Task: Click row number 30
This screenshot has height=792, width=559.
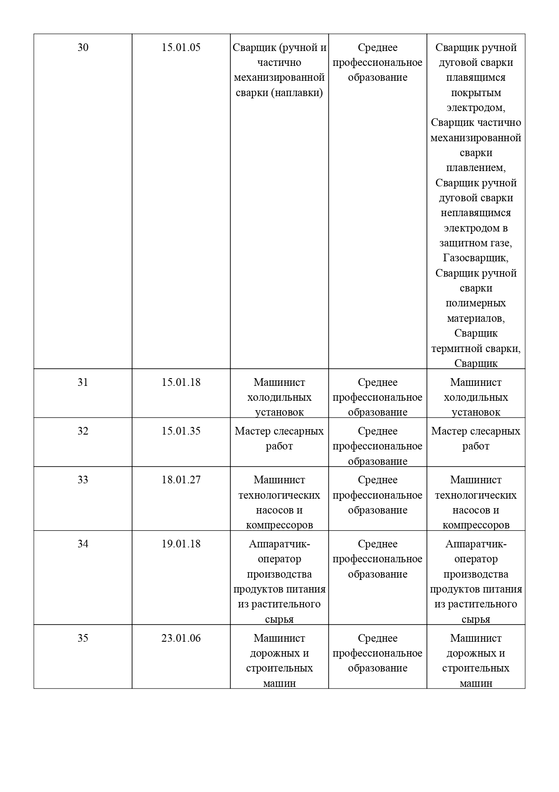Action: coord(83,47)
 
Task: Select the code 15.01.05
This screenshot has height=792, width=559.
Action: coord(181,47)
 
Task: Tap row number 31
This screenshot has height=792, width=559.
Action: coord(83,382)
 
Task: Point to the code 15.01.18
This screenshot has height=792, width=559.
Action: coord(181,382)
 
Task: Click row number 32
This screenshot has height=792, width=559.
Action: coord(83,431)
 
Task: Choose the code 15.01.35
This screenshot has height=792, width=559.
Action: coord(181,431)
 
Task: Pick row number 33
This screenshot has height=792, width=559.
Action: coord(83,480)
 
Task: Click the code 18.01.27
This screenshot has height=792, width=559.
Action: coord(181,480)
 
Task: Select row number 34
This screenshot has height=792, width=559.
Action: coord(83,544)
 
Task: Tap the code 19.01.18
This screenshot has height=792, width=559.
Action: coord(181,544)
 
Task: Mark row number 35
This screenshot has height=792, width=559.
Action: coord(83,638)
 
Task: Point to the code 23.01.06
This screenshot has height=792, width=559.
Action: coord(181,638)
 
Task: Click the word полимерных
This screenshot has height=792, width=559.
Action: coord(476,303)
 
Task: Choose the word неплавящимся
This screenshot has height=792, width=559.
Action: coord(476,213)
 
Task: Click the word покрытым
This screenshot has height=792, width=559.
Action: coord(476,93)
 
